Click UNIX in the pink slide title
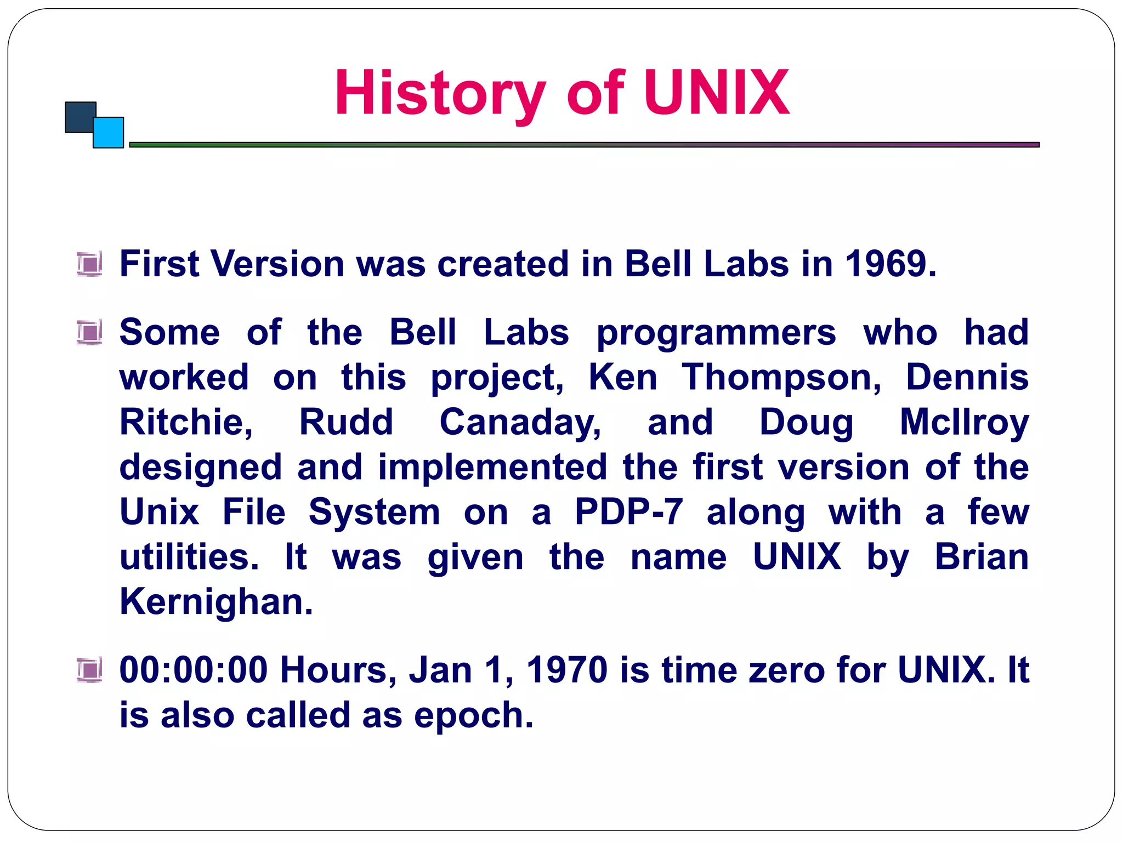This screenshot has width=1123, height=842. pyautogui.click(x=716, y=93)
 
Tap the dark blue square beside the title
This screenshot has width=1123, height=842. pyautogui.click(x=80, y=116)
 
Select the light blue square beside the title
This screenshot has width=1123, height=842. pyautogui.click(x=109, y=133)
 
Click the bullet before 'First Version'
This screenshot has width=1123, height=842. pyautogui.click(x=89, y=264)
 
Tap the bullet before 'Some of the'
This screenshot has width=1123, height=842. pyautogui.click(x=89, y=332)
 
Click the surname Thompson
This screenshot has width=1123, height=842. pyautogui.click(x=781, y=378)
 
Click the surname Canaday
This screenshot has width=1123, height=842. pyautogui.click(x=520, y=423)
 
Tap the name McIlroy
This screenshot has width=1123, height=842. pyautogui.click(x=964, y=423)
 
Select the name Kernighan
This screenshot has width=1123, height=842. pyautogui.click(x=216, y=602)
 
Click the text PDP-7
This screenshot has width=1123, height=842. pyautogui.click(x=628, y=513)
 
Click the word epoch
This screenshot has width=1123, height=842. pyautogui.click(x=473, y=715)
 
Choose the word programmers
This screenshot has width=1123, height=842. pyautogui.click(x=716, y=333)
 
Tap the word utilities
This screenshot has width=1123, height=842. pyautogui.click(x=189, y=557)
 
